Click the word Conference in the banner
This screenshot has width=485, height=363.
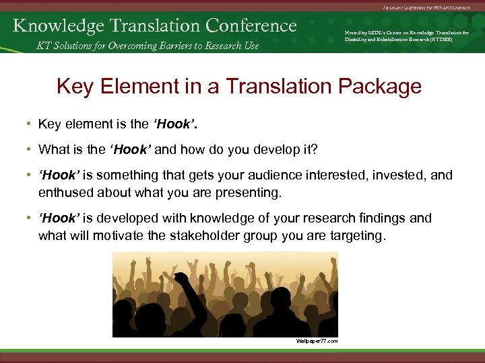click(251, 26)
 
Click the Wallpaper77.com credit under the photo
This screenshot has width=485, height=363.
click(316, 341)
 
